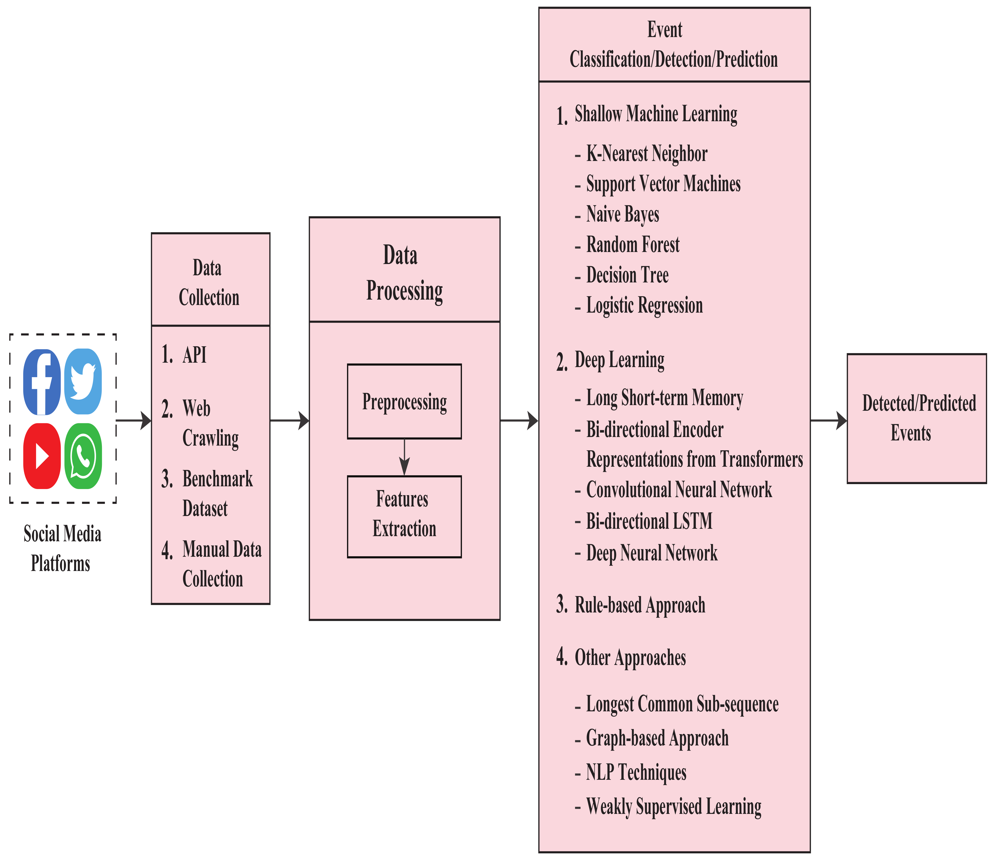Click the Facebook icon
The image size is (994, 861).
point(42,382)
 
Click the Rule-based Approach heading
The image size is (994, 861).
point(640,605)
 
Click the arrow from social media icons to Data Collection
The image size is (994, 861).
point(134,420)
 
